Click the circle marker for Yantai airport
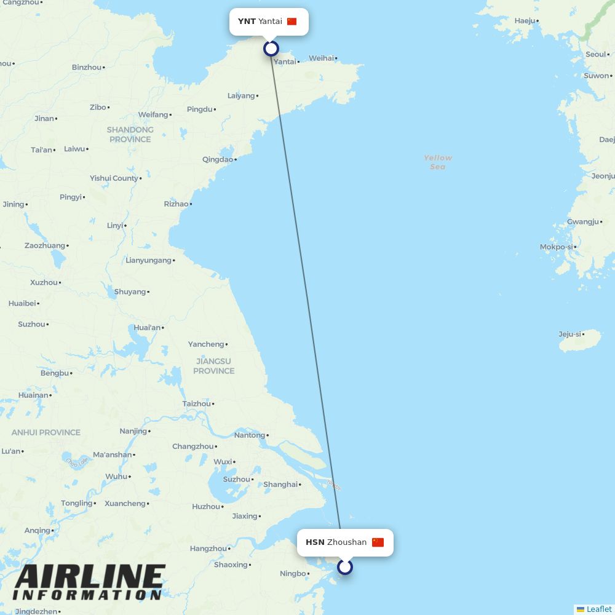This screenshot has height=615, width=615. [271, 49]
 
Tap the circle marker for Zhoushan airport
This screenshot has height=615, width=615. [345, 566]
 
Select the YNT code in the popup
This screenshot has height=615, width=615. [247, 22]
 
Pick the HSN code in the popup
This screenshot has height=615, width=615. [315, 542]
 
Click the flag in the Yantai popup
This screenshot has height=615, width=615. [292, 22]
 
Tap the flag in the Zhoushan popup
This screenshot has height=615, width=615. [378, 542]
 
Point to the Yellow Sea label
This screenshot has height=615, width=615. [437, 162]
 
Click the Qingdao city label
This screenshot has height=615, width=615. [218, 159]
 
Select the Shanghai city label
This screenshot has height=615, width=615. [280, 485]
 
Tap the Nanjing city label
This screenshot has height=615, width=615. [133, 431]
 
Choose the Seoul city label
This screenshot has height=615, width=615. [595, 54]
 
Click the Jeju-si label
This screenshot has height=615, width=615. [569, 335]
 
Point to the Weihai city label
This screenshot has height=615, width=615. [321, 58]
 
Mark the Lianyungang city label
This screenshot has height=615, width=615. [148, 260]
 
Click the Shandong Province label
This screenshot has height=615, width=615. [130, 134]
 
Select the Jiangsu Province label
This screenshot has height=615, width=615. [213, 366]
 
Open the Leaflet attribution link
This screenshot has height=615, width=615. [598, 609]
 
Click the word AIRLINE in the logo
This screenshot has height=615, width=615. [90, 578]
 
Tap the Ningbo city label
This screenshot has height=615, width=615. [292, 574]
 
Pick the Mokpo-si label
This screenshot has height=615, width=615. [555, 247]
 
